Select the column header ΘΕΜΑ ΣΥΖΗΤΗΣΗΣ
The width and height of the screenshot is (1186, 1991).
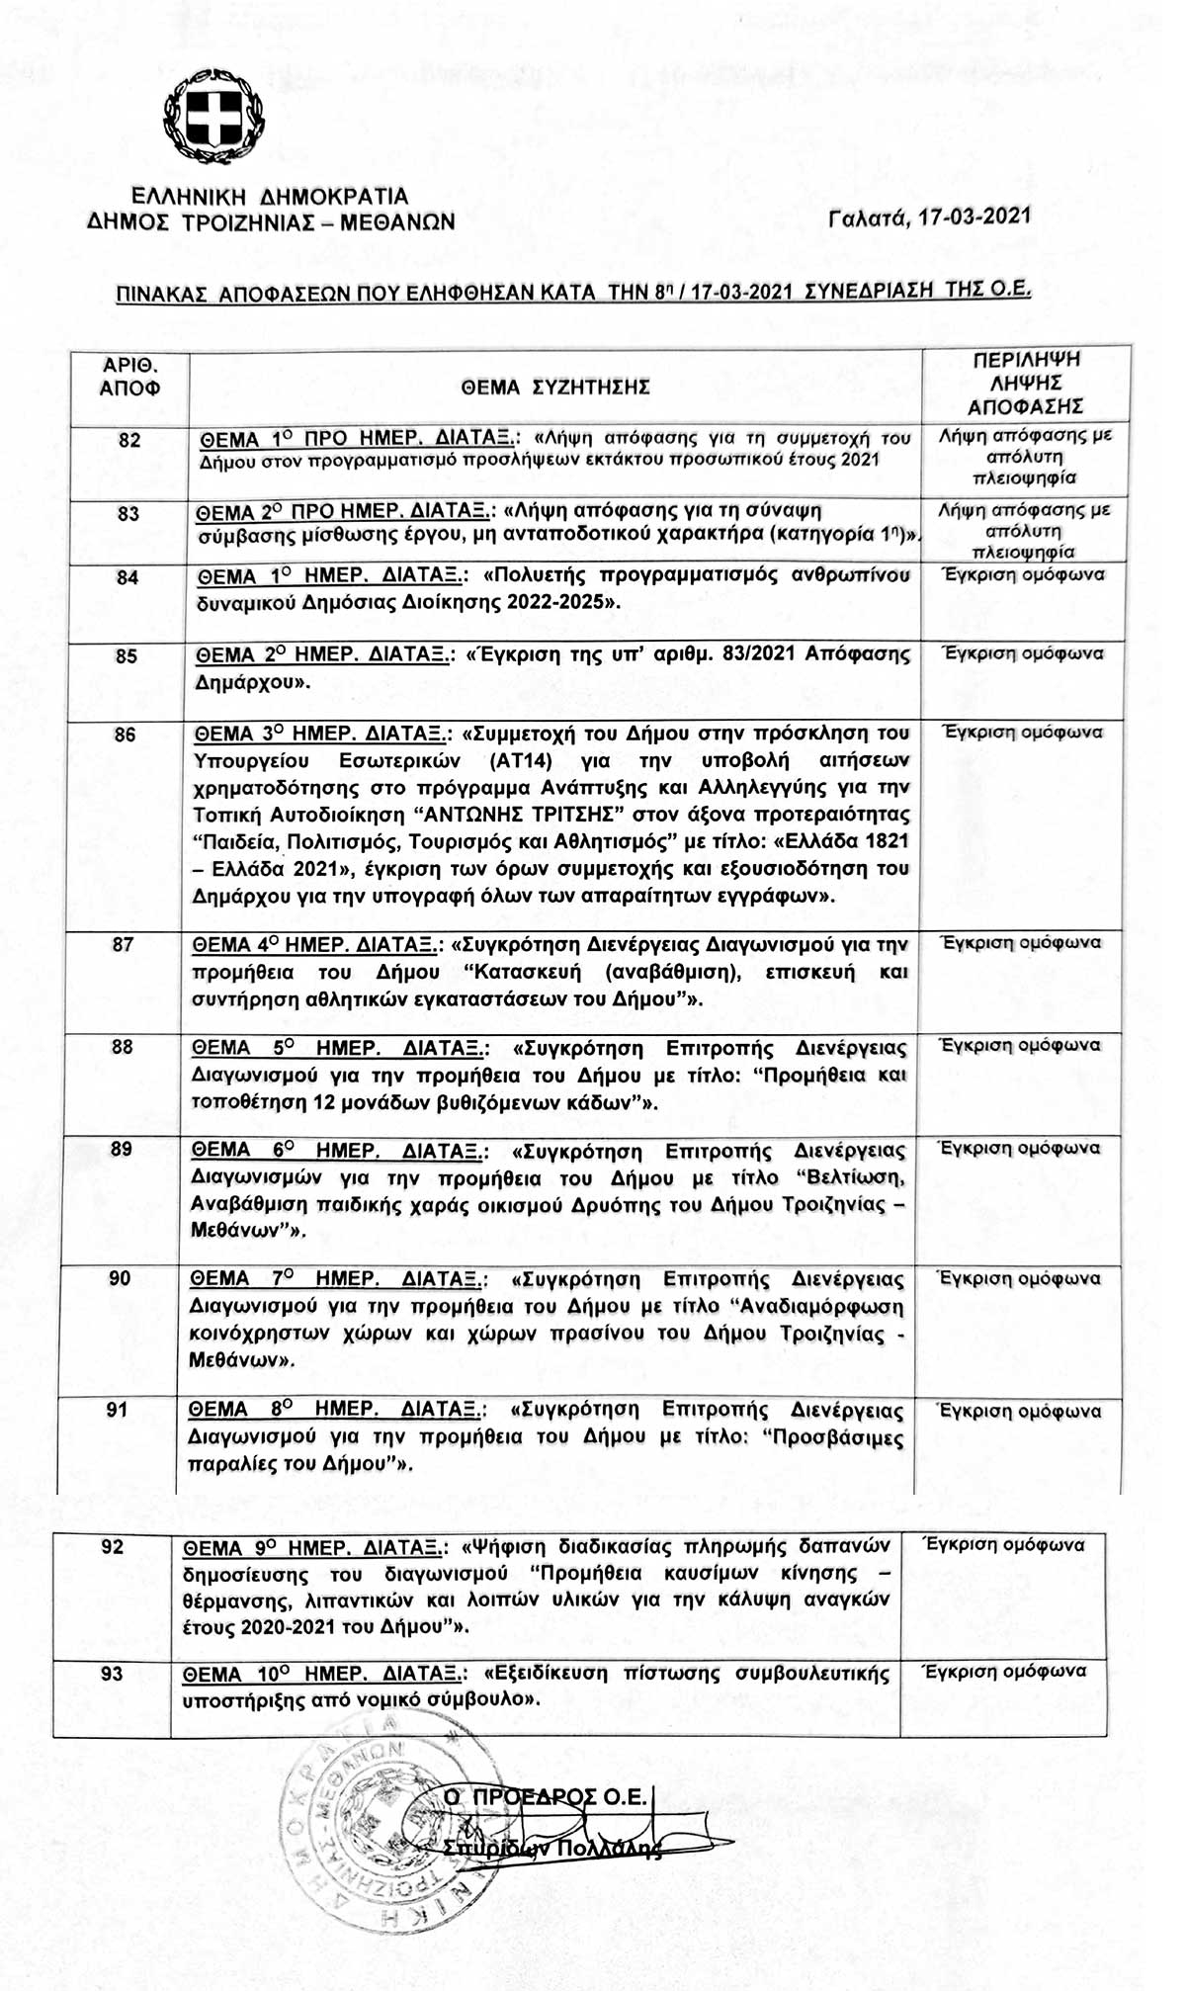555,388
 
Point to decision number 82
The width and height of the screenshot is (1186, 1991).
129,440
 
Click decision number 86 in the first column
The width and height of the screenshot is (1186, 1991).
125,735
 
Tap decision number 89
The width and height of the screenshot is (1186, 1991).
122,1149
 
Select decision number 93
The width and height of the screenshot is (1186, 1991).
113,1673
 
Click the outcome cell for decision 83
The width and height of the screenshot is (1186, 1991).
1024,531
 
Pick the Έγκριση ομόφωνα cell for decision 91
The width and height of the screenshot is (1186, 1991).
1019,1411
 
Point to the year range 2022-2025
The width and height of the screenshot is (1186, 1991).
558,602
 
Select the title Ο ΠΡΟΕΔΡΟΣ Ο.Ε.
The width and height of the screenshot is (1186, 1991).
546,1796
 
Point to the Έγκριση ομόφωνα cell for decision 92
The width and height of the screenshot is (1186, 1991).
1003,1544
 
